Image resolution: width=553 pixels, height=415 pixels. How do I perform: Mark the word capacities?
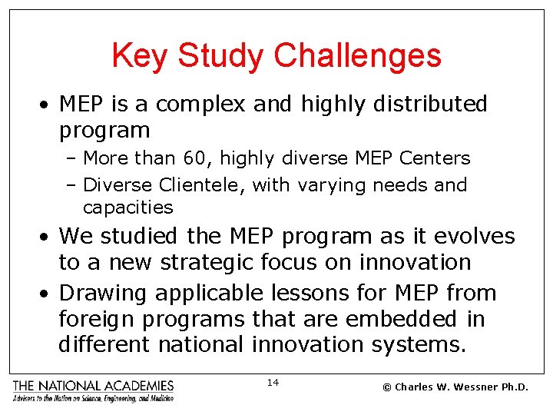click(127, 207)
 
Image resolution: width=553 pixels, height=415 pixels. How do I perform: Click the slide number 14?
click(273, 382)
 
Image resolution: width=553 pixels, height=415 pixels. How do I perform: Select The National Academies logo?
click(93, 390)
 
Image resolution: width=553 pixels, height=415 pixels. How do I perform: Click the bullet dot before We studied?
click(48, 237)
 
